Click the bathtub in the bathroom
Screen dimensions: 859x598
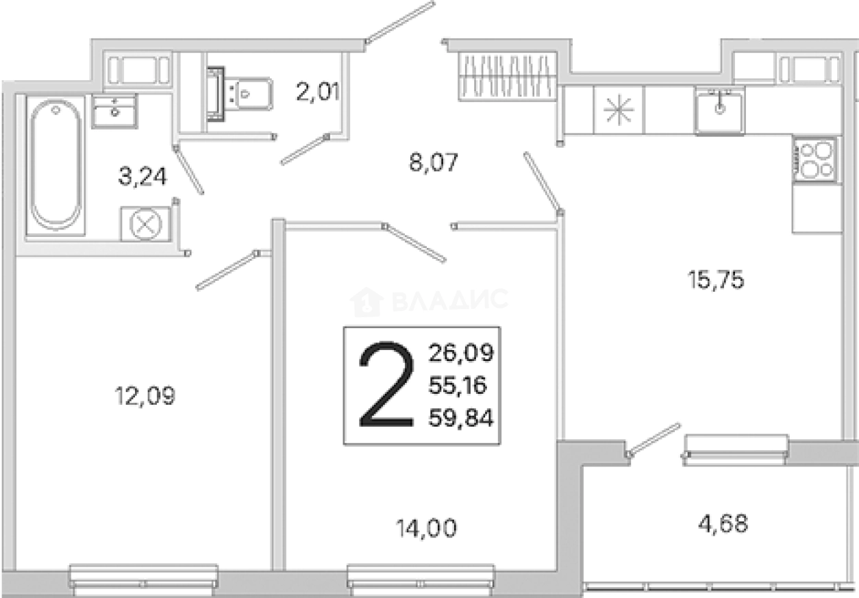tap(56, 166)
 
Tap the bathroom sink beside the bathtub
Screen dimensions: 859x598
tap(114, 111)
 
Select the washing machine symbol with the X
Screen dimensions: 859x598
tap(145, 225)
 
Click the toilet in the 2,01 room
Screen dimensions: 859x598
tap(240, 94)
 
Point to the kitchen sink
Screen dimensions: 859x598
tap(720, 111)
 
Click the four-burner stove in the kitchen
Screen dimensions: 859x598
tap(814, 160)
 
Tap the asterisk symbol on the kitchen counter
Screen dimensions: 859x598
tap(619, 110)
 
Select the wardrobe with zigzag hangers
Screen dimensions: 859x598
tap(508, 76)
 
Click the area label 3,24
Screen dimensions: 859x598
tap(142, 177)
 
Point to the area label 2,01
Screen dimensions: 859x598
tap(318, 92)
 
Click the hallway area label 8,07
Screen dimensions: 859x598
tap(434, 162)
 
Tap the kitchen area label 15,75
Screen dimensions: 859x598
tap(716, 279)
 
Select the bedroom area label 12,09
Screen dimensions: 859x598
tap(145, 396)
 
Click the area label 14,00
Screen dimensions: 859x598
tap(427, 529)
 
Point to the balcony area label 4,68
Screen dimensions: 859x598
tap(723, 523)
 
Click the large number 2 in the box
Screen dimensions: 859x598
tap(386, 384)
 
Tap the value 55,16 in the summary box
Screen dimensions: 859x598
tap(458, 385)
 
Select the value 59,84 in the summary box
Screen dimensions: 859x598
tap(460, 418)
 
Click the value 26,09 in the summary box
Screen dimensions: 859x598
tap(461, 353)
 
